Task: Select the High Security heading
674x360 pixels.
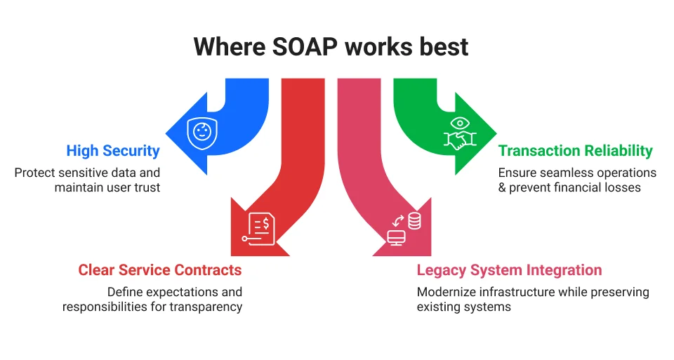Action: pyautogui.click(x=113, y=150)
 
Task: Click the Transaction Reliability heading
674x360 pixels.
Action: pyautogui.click(x=575, y=150)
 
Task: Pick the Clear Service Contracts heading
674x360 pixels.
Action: pyautogui.click(x=159, y=270)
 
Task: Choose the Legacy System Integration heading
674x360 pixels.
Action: pyautogui.click(x=509, y=270)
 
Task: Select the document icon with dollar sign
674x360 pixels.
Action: pyautogui.click(x=260, y=227)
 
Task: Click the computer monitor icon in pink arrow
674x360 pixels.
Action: pyautogui.click(x=397, y=238)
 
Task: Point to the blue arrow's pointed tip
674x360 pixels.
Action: pyautogui.click(x=166, y=133)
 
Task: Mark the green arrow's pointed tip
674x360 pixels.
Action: pyautogui.click(x=496, y=133)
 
